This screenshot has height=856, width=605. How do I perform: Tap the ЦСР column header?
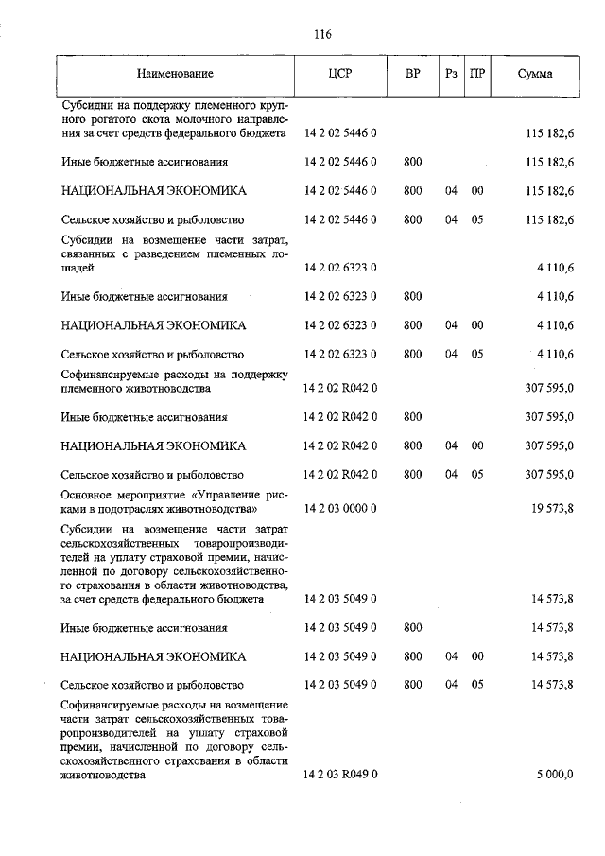point(342,74)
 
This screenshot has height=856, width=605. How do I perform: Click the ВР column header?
point(412,74)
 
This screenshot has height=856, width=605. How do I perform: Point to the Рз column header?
point(451,74)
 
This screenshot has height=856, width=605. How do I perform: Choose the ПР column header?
point(477,74)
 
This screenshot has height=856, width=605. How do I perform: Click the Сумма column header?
point(535,74)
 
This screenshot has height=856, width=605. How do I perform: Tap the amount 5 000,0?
point(554,775)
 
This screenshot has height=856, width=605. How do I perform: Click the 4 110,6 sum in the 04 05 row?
point(554,355)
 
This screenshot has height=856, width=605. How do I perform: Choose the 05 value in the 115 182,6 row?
point(477,220)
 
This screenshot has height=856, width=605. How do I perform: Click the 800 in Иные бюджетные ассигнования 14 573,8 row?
point(412,627)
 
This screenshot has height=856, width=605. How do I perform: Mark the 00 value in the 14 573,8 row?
point(477,656)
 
